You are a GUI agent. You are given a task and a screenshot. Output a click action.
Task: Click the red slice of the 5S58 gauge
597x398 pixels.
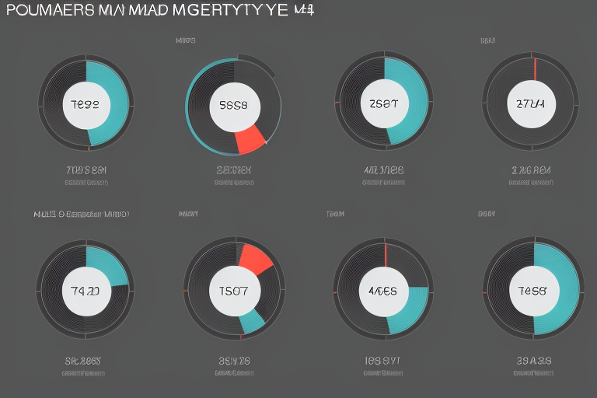coord(250,140)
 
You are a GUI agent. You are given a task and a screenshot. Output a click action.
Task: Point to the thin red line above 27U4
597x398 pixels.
coord(535,68)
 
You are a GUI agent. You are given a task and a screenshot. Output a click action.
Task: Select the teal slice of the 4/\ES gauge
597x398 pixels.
coord(408,311)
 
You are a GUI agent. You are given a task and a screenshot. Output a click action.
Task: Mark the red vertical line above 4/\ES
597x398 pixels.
coord(386,255)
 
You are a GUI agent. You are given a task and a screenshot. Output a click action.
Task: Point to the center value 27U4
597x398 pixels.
coord(531,103)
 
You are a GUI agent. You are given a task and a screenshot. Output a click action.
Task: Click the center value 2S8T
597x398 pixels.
coord(384,104)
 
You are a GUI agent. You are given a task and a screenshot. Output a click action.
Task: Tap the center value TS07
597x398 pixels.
coord(233,292)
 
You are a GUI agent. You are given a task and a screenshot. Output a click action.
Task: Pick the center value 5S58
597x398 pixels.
coord(233,104)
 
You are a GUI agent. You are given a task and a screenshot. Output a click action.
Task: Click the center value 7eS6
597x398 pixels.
coord(532,292)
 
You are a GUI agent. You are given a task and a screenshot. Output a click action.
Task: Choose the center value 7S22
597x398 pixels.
coord(85,104)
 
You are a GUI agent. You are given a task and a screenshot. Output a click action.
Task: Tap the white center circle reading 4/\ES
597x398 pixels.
coord(382,292)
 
